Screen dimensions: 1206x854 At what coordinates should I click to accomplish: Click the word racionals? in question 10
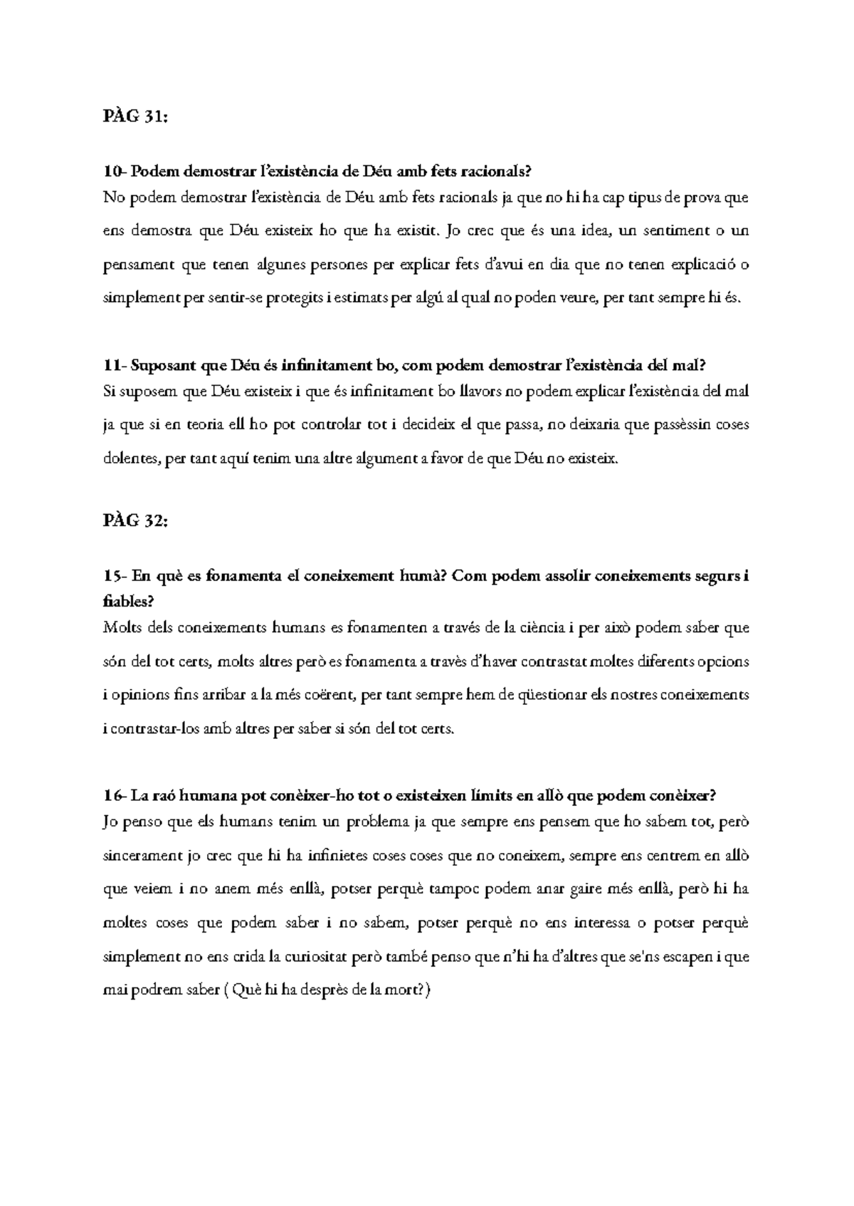[496, 172]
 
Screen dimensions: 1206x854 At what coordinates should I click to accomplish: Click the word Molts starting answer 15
[119, 628]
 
